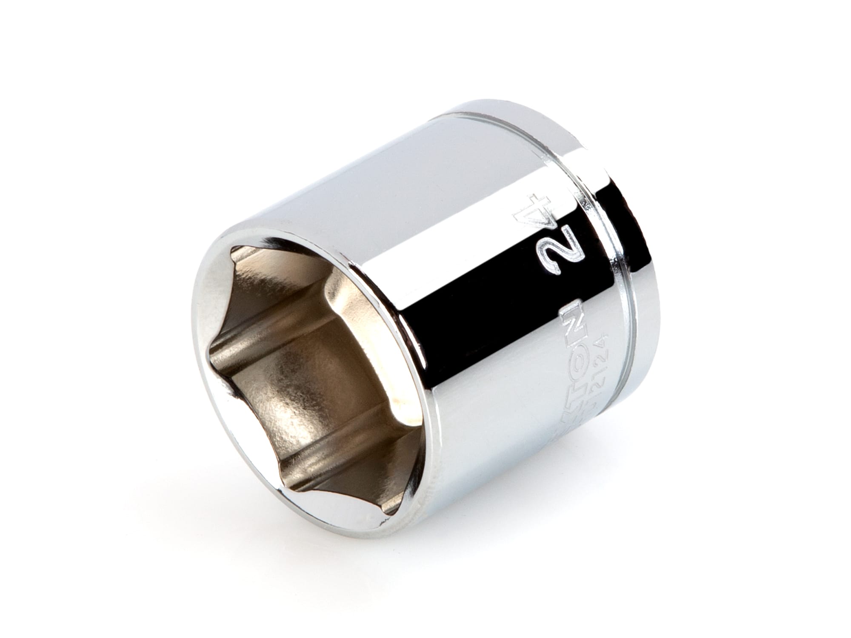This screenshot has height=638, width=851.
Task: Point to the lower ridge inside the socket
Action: tap(323, 472)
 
